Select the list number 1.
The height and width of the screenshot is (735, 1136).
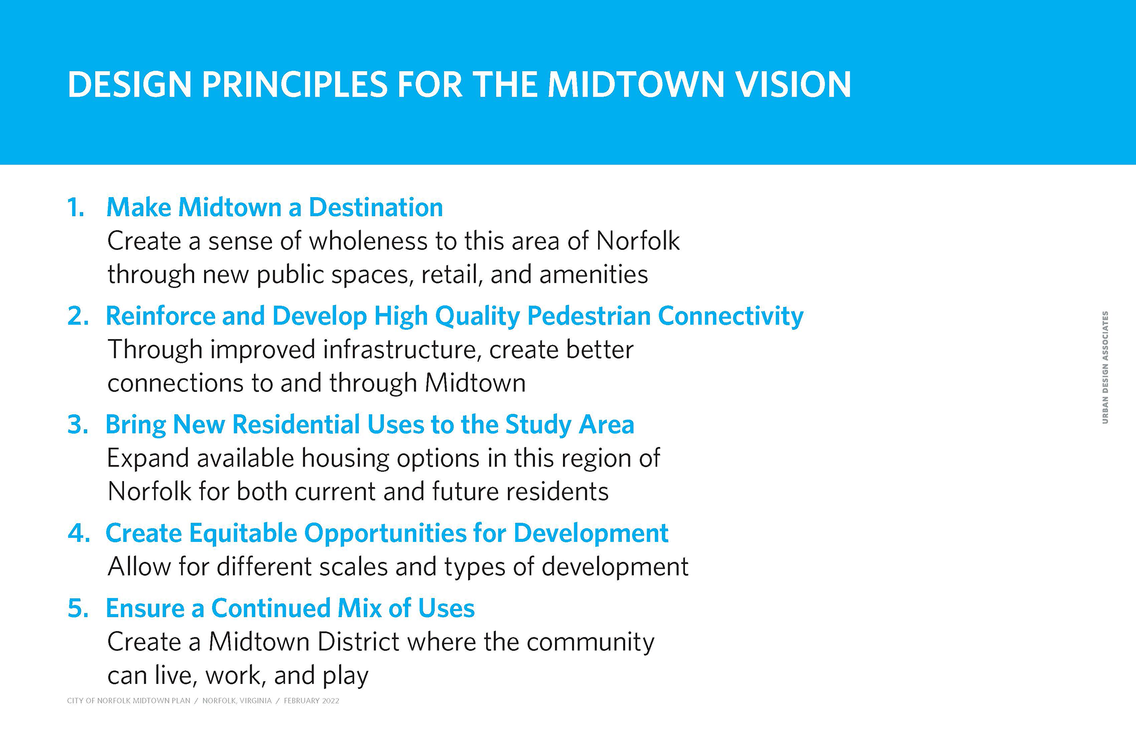[76, 207]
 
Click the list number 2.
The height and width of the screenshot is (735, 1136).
[78, 316]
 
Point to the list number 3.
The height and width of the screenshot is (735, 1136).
[78, 424]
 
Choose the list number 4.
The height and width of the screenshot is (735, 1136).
[79, 533]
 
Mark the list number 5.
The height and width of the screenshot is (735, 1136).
[78, 608]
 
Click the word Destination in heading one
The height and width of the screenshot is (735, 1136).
[376, 207]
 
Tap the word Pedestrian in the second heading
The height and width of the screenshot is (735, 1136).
[588, 316]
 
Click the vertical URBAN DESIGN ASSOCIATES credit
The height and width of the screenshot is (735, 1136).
[1105, 367]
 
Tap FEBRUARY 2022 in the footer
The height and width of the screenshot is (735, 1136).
[311, 701]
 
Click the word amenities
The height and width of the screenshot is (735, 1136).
[594, 274]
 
